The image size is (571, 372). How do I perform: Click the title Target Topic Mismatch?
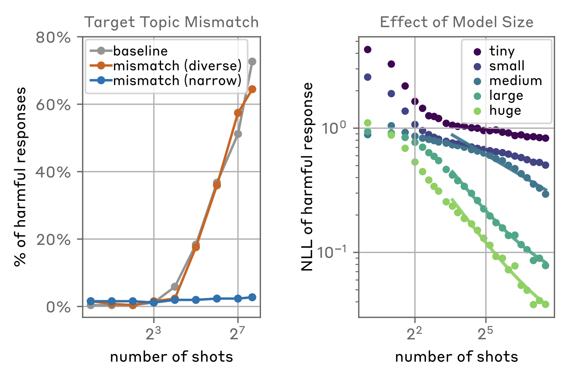(172, 22)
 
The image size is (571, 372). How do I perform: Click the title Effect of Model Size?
(456, 22)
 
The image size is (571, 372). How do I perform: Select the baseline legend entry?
(140, 51)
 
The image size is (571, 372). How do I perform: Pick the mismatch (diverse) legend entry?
(177, 66)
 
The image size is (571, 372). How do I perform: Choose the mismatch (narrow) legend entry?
(177, 81)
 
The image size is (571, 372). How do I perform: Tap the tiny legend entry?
(502, 51)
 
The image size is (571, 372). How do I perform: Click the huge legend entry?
(505, 111)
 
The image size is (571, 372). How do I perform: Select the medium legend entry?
(515, 81)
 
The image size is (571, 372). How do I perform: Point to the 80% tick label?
(53, 37)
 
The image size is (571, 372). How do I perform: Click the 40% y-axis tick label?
(53, 173)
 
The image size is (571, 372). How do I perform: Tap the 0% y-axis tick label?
(58, 307)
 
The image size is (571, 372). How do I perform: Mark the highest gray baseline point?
(252, 62)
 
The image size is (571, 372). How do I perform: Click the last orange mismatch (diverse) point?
(252, 89)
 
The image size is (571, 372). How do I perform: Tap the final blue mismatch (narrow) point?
(252, 297)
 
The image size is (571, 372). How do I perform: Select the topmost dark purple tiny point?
(367, 49)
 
